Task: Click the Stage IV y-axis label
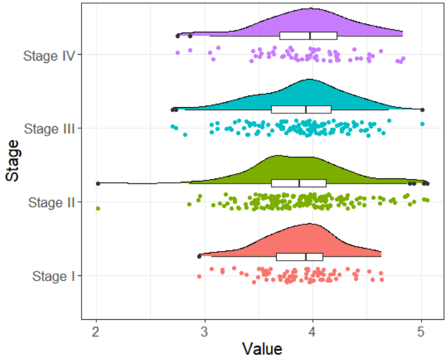49,55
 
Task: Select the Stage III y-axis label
49,129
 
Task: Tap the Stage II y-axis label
52,203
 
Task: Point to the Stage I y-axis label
54,277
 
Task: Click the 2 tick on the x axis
96,332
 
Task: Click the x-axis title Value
261,349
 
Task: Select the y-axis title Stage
11,165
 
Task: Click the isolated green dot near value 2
98,208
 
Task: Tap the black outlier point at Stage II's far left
98,184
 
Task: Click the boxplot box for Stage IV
308,36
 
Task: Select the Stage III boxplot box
301,110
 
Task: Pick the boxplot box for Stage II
298,184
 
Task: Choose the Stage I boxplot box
299,257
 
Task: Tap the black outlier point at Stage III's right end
422,110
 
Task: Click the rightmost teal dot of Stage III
422,124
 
